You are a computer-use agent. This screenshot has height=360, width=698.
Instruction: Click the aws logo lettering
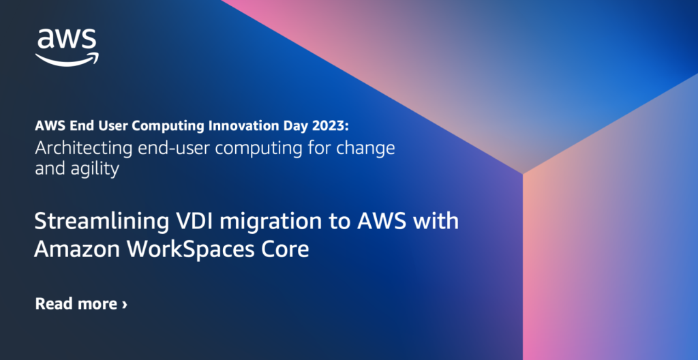[67, 40]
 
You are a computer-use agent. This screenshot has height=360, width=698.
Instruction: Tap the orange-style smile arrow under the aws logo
[67, 59]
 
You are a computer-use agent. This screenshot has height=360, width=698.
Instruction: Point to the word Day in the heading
[299, 125]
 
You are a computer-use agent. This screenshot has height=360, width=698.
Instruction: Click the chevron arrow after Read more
[124, 304]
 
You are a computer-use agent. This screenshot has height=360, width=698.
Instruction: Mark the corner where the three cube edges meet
[523, 174]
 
